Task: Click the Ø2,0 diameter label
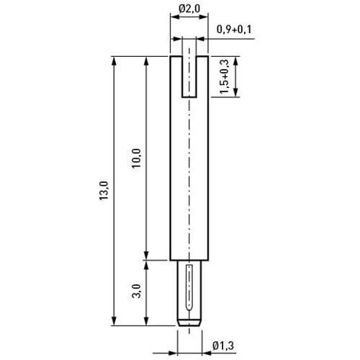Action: pos(189,9)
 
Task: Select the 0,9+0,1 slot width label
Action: pos(234,30)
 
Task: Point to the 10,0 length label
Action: pos(137,158)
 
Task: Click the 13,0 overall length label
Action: pos(104,191)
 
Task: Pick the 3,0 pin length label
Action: pos(136,291)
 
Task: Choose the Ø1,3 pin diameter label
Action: pos(223,346)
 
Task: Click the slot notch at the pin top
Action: pos(189,77)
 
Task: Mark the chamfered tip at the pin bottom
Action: pos(189,323)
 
